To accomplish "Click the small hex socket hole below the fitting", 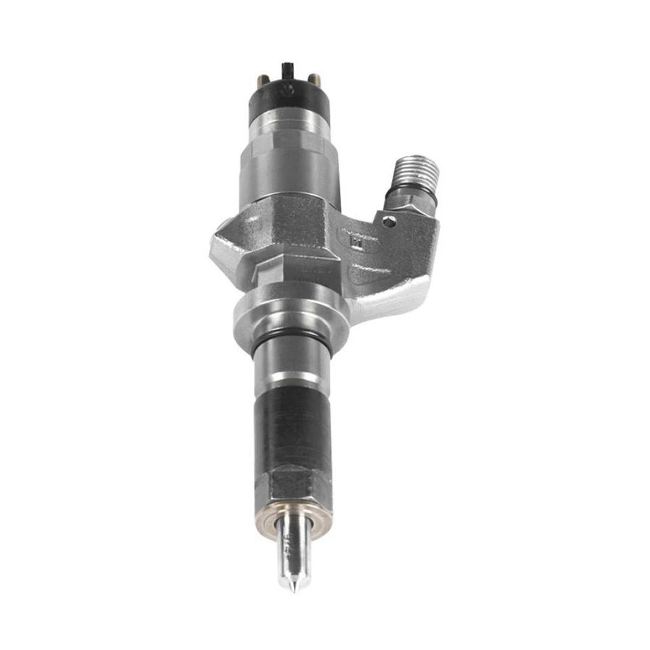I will pyautogui.click(x=387, y=221).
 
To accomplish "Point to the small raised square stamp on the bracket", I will pyautogui.click(x=351, y=238).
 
